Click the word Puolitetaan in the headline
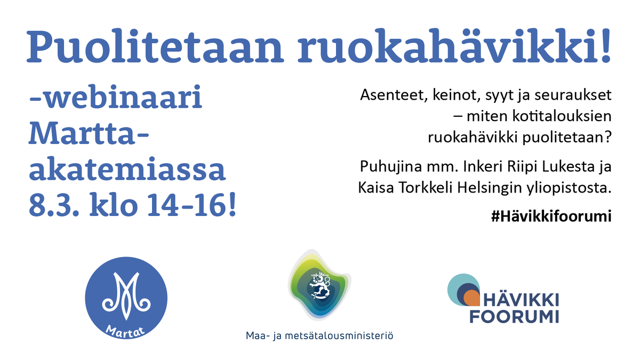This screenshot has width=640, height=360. coord(155,44)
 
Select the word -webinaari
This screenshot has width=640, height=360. coord(116,101)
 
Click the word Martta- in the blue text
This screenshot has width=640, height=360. coord(89,134)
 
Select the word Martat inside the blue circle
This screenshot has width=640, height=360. coord(126,329)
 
